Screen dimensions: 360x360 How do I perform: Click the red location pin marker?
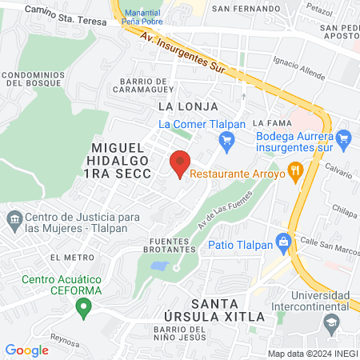click(x=180, y=163)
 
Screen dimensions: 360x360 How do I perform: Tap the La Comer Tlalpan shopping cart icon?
click(x=226, y=142)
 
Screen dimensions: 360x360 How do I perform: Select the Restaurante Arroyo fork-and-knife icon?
click(x=296, y=170)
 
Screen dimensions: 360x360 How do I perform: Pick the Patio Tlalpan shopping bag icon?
click(x=282, y=240)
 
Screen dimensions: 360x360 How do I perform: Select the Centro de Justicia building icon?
click(x=14, y=218)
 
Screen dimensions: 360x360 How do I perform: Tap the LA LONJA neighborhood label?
click(x=183, y=106)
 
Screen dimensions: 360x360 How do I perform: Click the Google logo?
click(x=26, y=350)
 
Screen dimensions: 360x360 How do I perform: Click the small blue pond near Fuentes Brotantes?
click(x=159, y=265)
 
